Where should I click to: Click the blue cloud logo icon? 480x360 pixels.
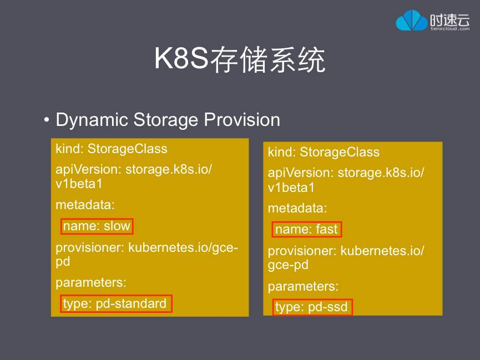coord(412,21)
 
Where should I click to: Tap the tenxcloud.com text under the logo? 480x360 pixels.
coord(449,29)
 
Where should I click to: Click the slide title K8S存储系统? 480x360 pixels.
coord(240,60)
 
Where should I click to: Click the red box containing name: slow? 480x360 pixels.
coord(97,226)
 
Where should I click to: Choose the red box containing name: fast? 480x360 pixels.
coord(306,230)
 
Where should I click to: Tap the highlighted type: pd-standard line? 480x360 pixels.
coord(116,304)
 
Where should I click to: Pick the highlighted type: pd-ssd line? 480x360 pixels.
coord(313,307)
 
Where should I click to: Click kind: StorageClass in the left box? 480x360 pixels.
coord(111,149)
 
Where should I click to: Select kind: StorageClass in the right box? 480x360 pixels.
coord(324,153)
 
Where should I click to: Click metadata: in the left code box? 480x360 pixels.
coord(85,205)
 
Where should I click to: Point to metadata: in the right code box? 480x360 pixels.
coord(297,209)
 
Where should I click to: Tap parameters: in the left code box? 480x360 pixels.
coord(91,282)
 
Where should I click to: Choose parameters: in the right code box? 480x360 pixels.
coord(303,287)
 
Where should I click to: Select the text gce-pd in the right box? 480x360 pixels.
coord(288,265)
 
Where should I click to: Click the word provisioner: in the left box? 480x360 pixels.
coord(90,248)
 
